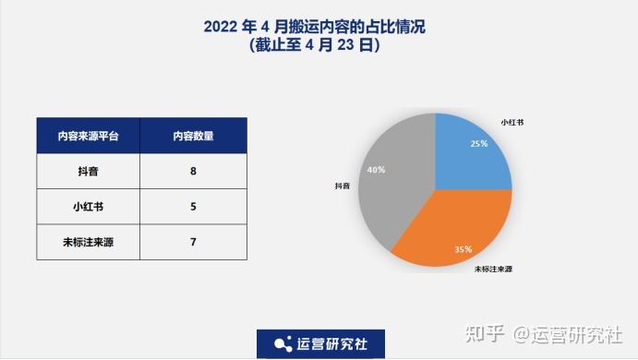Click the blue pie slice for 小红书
475,152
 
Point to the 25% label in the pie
478,144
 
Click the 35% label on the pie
463,249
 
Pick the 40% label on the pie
376,170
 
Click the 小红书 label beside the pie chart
512,122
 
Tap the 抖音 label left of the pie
343,186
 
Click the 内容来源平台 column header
89,136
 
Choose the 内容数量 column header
193,136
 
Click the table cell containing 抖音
89,171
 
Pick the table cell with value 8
193,171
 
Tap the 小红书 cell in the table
89,206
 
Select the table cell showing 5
193,206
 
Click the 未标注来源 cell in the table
89,242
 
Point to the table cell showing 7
193,242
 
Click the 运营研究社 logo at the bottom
320,343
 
